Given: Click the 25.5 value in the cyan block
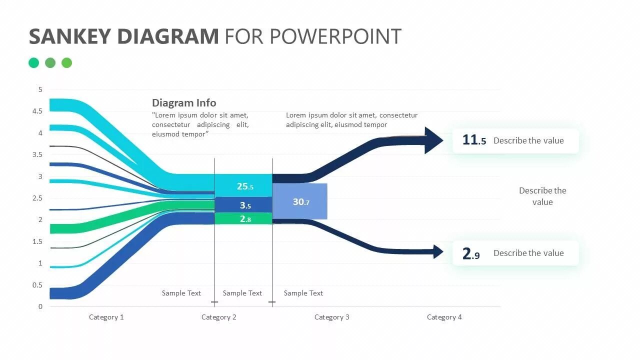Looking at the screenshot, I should tap(245, 186).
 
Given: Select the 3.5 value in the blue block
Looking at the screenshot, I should tap(245, 205).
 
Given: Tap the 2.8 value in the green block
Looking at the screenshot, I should tap(245, 219).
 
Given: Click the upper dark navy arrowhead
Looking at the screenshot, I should tap(433, 140).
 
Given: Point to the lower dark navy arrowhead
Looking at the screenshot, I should tap(437, 252).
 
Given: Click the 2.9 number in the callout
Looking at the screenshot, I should tap(471, 253).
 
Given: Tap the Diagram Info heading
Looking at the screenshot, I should tap(184, 103).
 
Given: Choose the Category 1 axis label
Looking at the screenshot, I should tap(106, 317).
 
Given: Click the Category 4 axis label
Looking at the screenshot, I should tap(444, 317).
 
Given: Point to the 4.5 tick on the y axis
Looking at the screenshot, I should tap(37, 111).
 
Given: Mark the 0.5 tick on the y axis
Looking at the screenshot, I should tap(37, 285).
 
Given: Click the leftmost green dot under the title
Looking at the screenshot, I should tap(33, 62).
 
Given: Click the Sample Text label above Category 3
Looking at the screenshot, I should tap(303, 293).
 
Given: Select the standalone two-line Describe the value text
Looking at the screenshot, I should tap(542, 196).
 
